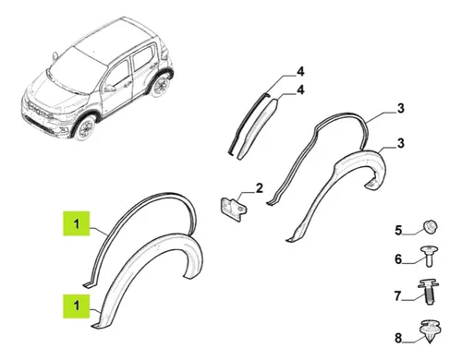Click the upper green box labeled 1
(77, 223)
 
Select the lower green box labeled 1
(77, 306)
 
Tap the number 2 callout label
(260, 188)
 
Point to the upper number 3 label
(400, 108)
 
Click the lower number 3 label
(400, 143)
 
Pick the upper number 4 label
(300, 71)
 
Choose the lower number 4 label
(300, 90)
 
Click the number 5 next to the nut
(398, 230)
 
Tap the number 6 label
(398, 259)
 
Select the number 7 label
(398, 296)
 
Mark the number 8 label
(398, 338)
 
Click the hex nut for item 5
(431, 227)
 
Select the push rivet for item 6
(430, 256)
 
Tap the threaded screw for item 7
(428, 292)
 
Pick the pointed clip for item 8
(430, 331)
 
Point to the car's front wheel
(86, 128)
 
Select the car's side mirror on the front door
(109, 89)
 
